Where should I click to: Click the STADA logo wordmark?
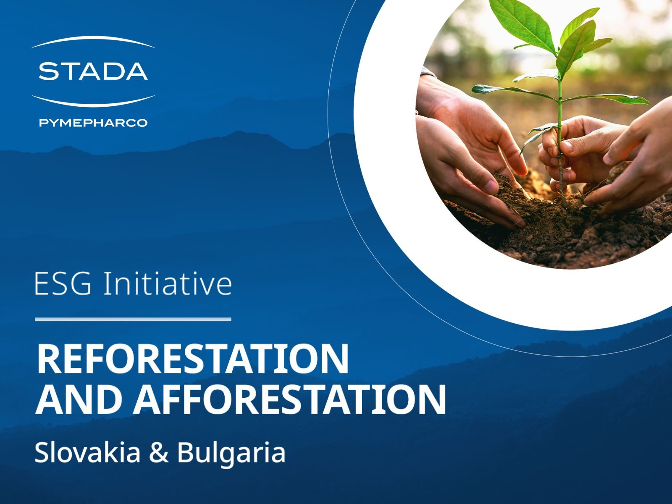click(x=93, y=71)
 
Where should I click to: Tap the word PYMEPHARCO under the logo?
click(x=93, y=123)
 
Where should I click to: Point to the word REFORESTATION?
click(x=193, y=360)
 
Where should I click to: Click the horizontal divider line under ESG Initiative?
click(x=133, y=319)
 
